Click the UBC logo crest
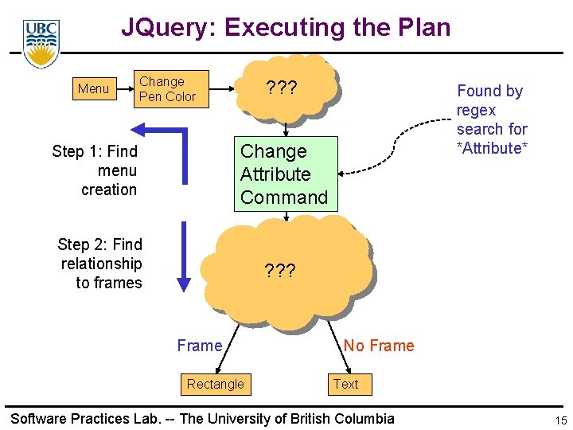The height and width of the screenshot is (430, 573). pyautogui.click(x=41, y=44)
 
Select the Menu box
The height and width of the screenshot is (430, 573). pyautogui.click(x=93, y=88)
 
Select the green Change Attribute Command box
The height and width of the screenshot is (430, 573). pyautogui.click(x=285, y=174)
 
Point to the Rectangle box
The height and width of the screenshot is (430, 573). pyautogui.click(x=215, y=384)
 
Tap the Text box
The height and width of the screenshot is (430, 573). pyautogui.click(x=345, y=384)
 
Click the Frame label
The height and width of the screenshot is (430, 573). pyautogui.click(x=199, y=346)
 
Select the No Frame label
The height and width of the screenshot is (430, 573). pyautogui.click(x=379, y=346)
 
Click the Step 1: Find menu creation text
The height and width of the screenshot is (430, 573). pyautogui.click(x=95, y=170)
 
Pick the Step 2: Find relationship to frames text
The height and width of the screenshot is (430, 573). pyautogui.click(x=101, y=264)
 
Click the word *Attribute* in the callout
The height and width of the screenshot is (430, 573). pyautogui.click(x=492, y=148)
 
